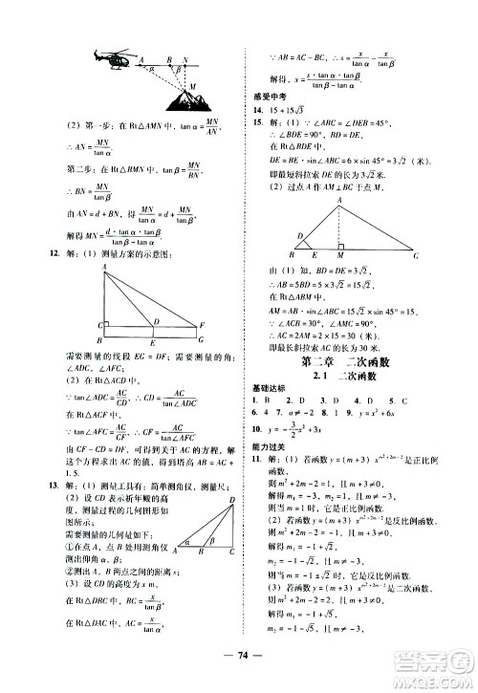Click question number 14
coord(257,109)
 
